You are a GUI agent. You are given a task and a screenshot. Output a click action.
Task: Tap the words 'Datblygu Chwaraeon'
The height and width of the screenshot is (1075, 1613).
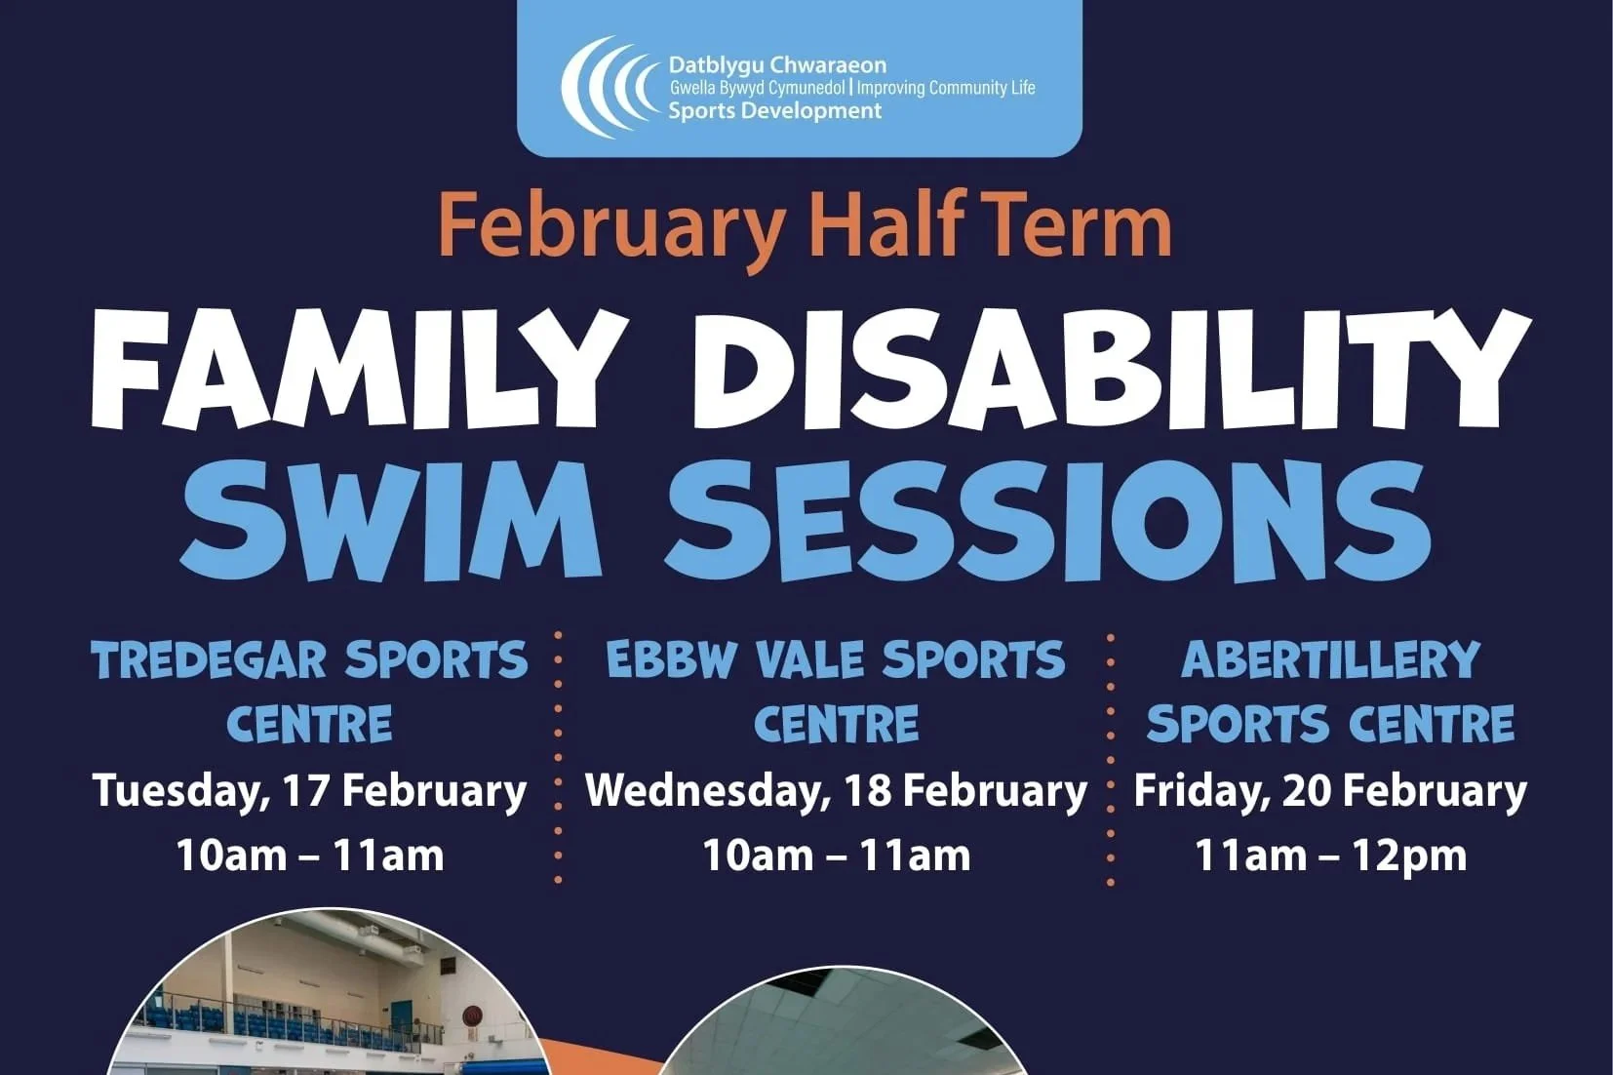click(x=777, y=65)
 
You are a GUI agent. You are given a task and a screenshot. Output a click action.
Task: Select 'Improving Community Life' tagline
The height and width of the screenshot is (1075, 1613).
click(x=945, y=88)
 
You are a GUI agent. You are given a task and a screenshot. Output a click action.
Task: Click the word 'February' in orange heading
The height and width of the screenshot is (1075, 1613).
click(x=611, y=226)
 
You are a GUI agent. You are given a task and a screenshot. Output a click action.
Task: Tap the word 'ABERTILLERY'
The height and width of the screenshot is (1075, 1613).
click(x=1330, y=660)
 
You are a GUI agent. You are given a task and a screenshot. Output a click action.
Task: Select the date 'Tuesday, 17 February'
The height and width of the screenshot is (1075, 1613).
click(x=309, y=790)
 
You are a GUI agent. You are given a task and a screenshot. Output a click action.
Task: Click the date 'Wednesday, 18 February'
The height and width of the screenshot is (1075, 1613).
click(x=836, y=790)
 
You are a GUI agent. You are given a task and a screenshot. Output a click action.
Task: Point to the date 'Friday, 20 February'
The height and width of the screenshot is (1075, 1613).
click(x=1330, y=790)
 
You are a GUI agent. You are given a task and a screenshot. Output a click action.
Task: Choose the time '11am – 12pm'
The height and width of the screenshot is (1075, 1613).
click(x=1330, y=856)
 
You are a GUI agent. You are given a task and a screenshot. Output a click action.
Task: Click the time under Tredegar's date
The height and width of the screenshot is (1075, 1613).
click(x=309, y=856)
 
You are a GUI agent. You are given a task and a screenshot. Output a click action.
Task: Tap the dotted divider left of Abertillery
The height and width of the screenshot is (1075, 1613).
click(x=1110, y=758)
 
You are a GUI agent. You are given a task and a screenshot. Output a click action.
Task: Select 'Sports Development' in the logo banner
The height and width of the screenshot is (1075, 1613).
click(x=774, y=110)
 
